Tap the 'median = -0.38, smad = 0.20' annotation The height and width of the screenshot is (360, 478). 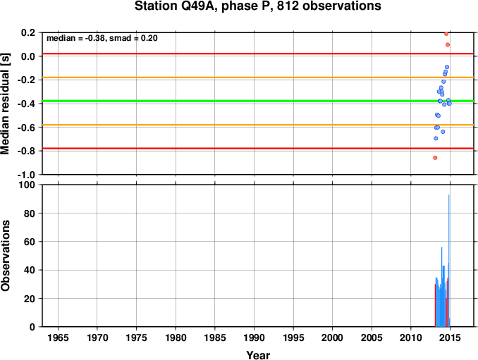tap(102, 38)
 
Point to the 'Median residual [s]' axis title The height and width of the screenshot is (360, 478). tap(5, 104)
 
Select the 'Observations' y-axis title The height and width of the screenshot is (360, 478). tap(5, 256)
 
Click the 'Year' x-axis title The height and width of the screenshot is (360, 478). tap(258, 355)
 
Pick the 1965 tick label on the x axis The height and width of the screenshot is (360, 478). tap(58, 337)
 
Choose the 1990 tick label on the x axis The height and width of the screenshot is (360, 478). tap(254, 337)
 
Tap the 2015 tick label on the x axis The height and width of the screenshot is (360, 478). tap(450, 337)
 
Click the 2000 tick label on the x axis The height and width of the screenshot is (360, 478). tap(332, 337)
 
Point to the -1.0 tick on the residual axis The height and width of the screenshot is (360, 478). tap(27, 175)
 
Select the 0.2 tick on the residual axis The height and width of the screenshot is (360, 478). tap(29, 32)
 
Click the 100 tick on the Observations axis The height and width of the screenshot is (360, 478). tap(27, 185)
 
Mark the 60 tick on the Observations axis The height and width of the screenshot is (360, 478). tap(30, 242)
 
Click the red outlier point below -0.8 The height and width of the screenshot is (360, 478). tap(435, 158)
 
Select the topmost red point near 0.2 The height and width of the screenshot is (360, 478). tap(446, 34)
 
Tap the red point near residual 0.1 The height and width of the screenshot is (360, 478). tap(448, 45)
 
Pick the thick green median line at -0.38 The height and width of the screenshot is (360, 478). tap(258, 101)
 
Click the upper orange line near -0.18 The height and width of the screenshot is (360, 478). tap(258, 77)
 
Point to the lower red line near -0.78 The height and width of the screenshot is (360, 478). tap(258, 149)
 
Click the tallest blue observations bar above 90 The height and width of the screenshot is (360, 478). tap(448, 261)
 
